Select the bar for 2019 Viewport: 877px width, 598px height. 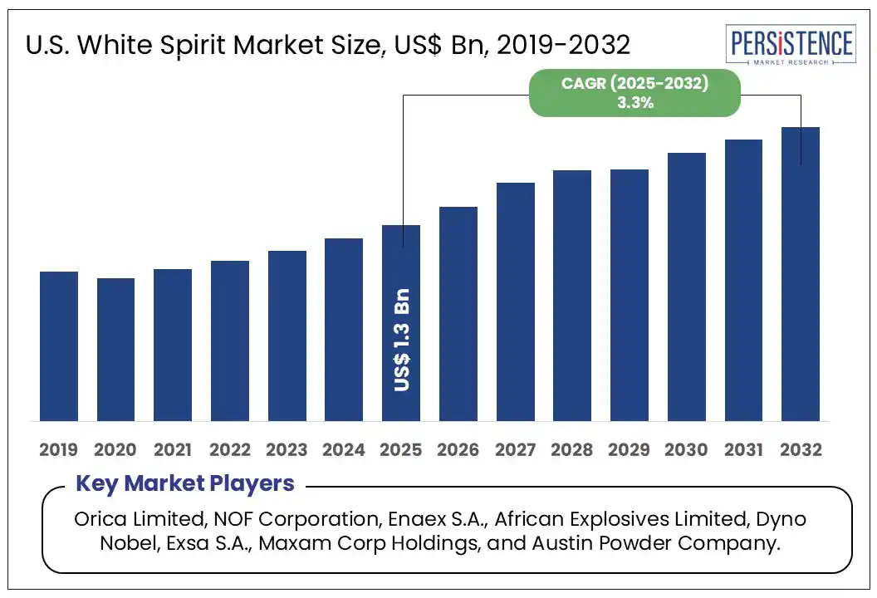click(x=59, y=346)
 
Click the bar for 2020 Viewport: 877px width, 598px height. click(x=115, y=349)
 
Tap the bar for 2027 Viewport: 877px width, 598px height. click(x=516, y=301)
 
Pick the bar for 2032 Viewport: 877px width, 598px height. click(x=801, y=274)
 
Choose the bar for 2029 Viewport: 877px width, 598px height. click(x=630, y=295)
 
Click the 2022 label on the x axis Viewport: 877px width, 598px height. click(x=230, y=450)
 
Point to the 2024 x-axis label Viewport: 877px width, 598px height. click(x=344, y=450)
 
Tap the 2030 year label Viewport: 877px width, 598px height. click(x=687, y=450)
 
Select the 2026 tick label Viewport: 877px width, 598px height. click(x=458, y=450)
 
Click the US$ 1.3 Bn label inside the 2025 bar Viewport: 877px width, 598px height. click(x=402, y=341)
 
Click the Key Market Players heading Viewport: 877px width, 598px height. click(x=185, y=483)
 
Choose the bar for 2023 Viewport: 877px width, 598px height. click(x=287, y=336)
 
